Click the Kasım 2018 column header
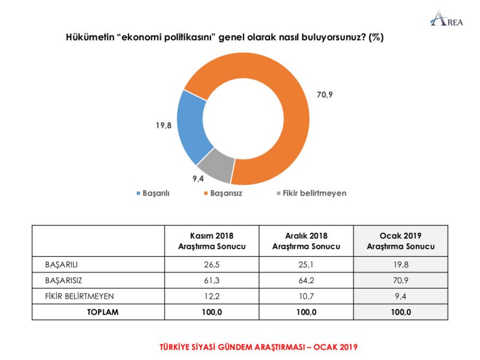(212, 241)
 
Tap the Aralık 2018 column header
(306, 241)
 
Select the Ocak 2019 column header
(400, 241)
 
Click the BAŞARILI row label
(62, 264)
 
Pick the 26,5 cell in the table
(212, 264)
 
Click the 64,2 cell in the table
(306, 280)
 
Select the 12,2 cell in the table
(212, 296)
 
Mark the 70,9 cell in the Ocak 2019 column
(400, 280)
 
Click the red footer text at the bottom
(258, 347)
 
